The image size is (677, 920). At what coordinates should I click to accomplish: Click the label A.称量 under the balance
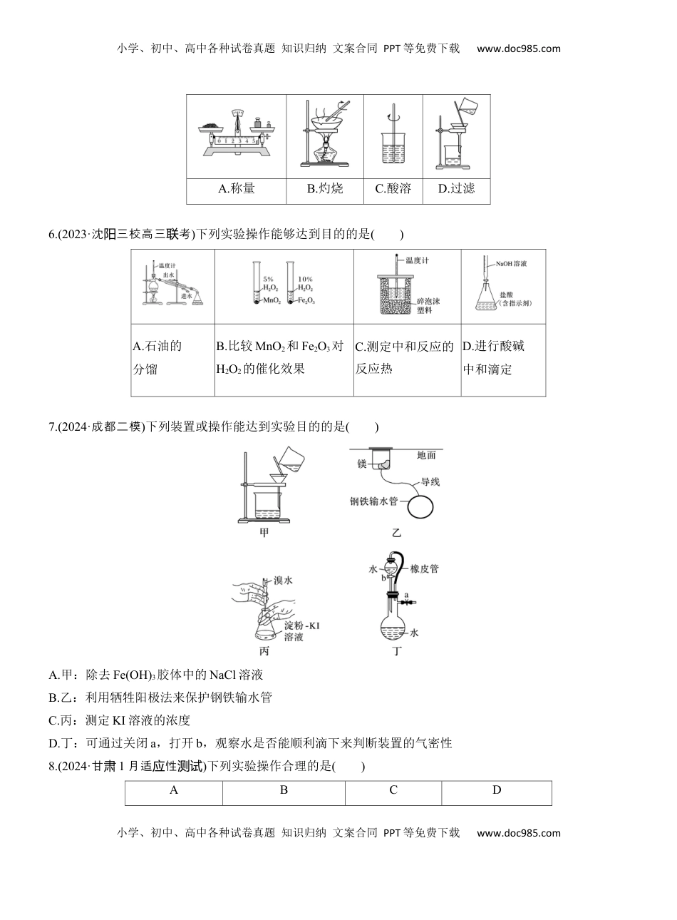click(237, 189)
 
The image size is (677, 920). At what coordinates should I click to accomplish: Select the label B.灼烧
click(325, 189)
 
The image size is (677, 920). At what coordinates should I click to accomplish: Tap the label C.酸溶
click(393, 189)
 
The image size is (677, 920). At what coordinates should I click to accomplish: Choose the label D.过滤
click(456, 189)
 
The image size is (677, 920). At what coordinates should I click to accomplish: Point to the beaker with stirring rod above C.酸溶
click(393, 143)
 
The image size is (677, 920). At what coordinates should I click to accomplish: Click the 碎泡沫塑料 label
click(427, 305)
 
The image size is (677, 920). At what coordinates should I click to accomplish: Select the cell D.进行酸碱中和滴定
click(503, 358)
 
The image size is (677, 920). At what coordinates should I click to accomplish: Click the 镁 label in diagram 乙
click(361, 464)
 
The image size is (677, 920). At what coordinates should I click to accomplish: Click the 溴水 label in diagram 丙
click(283, 581)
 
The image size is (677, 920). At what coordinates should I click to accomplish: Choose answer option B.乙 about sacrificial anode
click(160, 697)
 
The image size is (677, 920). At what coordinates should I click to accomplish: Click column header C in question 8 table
click(393, 789)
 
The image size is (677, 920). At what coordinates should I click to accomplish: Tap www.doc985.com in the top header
click(518, 49)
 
